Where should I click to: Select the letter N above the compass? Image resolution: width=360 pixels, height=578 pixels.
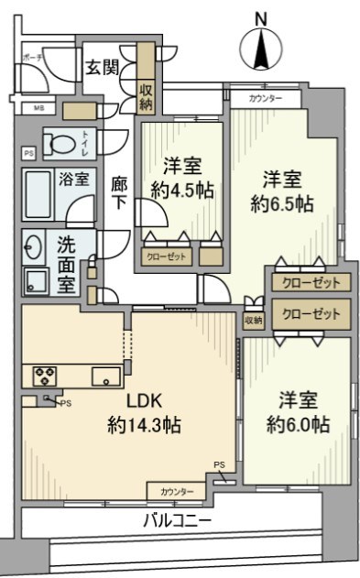pos(260,17)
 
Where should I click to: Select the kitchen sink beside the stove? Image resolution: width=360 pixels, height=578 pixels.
pos(101,374)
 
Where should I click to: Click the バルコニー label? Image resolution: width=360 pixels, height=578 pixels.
pos(177,520)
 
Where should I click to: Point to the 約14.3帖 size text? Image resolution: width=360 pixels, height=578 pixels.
pos(143,425)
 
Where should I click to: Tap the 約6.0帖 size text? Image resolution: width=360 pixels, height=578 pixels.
pos(298,424)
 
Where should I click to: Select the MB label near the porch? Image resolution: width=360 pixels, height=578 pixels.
pos(26,108)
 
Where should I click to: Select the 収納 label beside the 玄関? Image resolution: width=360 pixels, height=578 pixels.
pos(147,95)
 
